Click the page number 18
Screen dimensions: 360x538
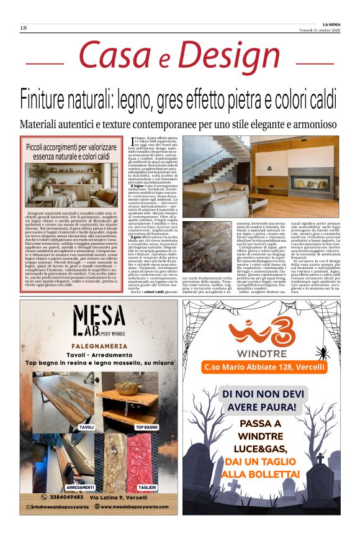24,28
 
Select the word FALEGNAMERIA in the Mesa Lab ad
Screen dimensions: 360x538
99,351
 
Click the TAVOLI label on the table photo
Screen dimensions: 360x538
86,428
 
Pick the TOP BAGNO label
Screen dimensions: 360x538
147,428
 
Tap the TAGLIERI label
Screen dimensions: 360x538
148,488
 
